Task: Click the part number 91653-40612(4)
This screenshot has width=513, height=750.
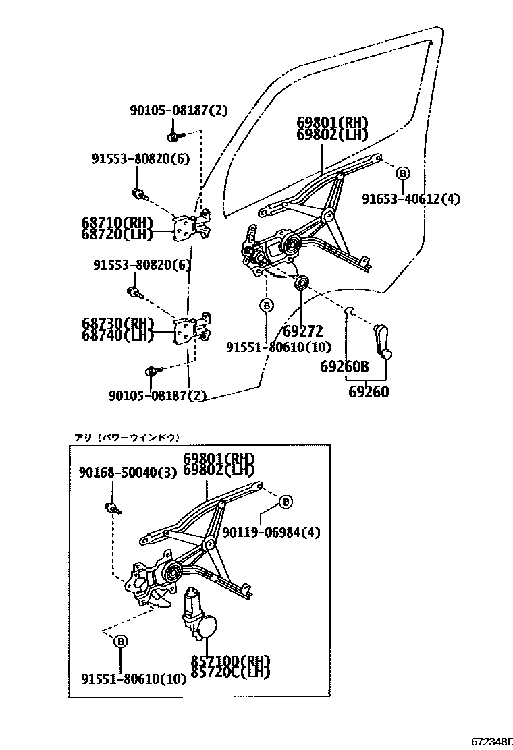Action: pyautogui.click(x=410, y=199)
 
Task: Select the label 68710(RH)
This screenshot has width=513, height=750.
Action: pyautogui.click(x=117, y=223)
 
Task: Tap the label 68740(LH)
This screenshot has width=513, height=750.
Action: pyautogui.click(x=117, y=335)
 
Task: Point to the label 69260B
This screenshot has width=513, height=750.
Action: pyautogui.click(x=344, y=367)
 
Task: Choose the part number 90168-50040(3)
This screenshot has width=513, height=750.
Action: pyautogui.click(x=128, y=473)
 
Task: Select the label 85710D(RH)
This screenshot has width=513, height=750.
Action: pyautogui.click(x=230, y=661)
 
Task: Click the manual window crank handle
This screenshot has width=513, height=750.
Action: pyautogui.click(x=381, y=341)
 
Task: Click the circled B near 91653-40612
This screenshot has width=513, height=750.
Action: pyautogui.click(x=402, y=173)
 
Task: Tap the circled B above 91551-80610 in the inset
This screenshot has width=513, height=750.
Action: pyautogui.click(x=120, y=641)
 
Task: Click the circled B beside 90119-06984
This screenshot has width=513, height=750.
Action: pyautogui.click(x=286, y=502)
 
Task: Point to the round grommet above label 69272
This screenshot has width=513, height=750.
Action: pyautogui.click(x=302, y=281)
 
